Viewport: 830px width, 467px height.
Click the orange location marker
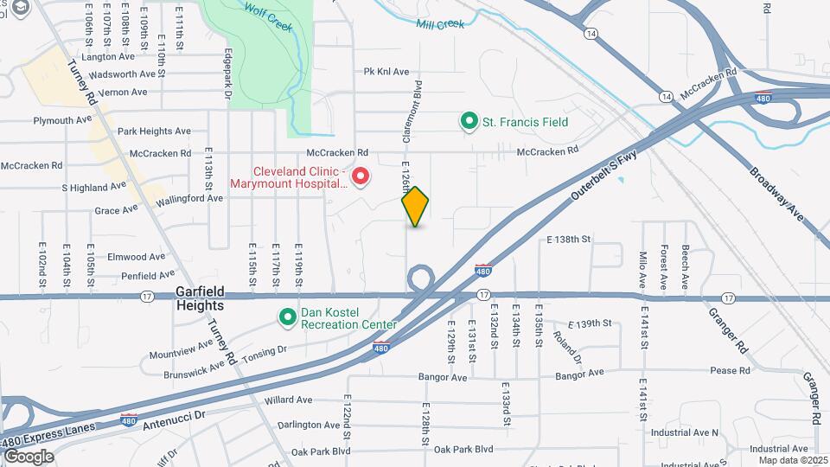tap(416, 208)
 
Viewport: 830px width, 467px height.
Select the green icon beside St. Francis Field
tap(469, 121)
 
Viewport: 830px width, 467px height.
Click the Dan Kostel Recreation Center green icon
tap(288, 317)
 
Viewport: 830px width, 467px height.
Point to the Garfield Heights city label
tap(201, 299)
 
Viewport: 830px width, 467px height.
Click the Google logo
tap(29, 456)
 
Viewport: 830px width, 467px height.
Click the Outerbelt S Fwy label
tap(603, 176)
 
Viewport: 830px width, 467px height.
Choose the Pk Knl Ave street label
tap(386, 72)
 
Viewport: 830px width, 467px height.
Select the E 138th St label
tap(568, 239)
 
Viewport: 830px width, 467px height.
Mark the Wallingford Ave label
tap(189, 198)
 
